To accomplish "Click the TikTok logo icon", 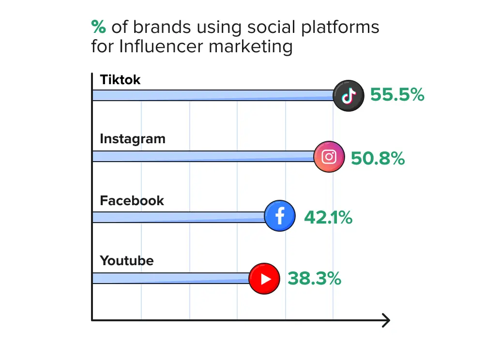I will click(x=349, y=95).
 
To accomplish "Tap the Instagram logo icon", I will click(x=329, y=157).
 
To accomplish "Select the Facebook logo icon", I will click(x=280, y=216).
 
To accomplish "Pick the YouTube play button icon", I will click(x=264, y=278).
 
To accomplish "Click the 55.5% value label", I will click(x=397, y=95).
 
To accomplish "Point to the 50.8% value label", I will click(x=378, y=158).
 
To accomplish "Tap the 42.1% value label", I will click(x=328, y=218).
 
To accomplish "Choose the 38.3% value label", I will click(x=315, y=279).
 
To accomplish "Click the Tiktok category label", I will click(x=120, y=80).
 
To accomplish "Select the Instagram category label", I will click(x=133, y=139).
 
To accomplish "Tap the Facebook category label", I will click(x=132, y=200).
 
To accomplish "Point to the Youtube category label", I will click(x=127, y=261).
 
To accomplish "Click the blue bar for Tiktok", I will click(x=213, y=95).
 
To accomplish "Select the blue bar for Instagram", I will click(x=203, y=156).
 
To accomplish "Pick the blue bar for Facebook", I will click(x=179, y=217).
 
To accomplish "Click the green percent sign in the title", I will click(x=98, y=27).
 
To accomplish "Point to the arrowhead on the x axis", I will click(x=386, y=320).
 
